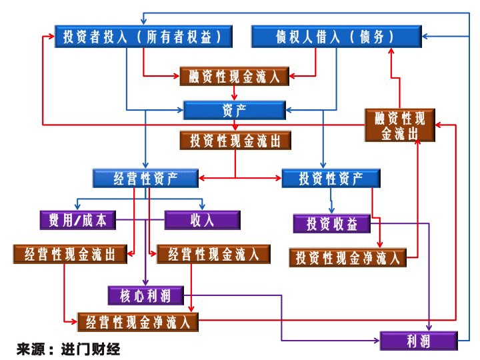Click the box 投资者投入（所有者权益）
143,36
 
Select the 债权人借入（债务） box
335,36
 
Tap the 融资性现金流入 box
235,76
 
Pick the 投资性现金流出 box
235,141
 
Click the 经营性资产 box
145,178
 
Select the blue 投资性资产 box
331,178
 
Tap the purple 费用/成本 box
77,220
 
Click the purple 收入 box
202,220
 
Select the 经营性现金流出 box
70,254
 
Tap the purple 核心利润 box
145,294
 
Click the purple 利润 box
419,341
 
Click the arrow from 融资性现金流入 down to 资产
235,93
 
